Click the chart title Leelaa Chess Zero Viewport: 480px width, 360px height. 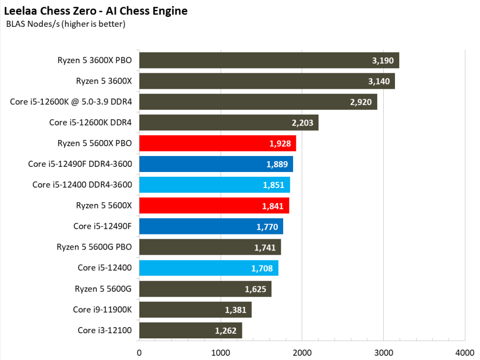96,11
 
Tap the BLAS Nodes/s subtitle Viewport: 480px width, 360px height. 65,23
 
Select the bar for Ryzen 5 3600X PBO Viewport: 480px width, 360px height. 269,60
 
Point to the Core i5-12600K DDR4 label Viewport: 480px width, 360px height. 91,123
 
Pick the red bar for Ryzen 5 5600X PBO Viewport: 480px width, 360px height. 217,143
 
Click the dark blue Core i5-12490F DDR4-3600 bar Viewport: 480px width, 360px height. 216,164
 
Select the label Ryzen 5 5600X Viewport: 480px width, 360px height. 104,205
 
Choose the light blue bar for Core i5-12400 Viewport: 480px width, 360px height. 209,268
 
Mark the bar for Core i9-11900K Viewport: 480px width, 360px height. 195,310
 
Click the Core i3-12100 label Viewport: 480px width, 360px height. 105,330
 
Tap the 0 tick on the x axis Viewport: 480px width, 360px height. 139,352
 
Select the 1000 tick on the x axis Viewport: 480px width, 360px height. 220,352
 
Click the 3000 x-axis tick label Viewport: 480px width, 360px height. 383,352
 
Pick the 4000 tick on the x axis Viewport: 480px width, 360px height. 465,352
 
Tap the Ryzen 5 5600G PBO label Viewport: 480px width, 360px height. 94,247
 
